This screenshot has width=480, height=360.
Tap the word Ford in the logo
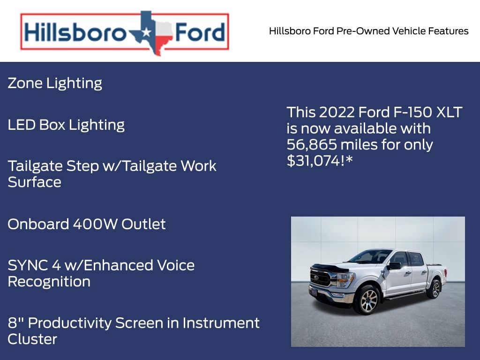pyautogui.click(x=199, y=33)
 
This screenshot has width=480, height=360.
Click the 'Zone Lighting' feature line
pyautogui.click(x=55, y=83)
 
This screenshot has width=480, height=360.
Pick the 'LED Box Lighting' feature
pyautogui.click(x=66, y=125)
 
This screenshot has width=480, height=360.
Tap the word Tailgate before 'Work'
pyautogui.click(x=152, y=166)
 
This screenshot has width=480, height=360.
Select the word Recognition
pyautogui.click(x=49, y=282)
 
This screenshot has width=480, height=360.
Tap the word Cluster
pyautogui.click(x=32, y=339)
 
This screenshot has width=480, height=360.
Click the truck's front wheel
pyautogui.click(x=367, y=300)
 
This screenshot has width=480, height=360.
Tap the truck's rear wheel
pyautogui.click(x=434, y=288)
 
